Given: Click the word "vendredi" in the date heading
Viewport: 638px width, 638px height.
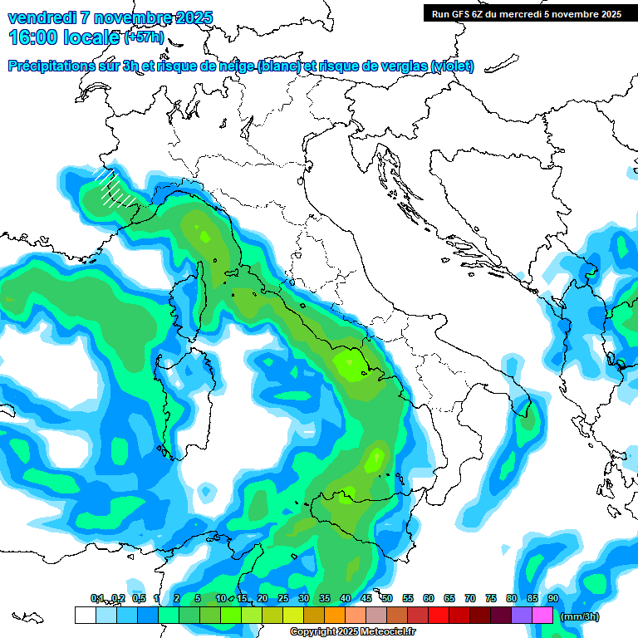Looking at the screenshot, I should [x=42, y=17].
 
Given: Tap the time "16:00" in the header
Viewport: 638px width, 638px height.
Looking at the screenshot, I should [x=35, y=37].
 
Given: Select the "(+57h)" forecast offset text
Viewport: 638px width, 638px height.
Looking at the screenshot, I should [x=143, y=37].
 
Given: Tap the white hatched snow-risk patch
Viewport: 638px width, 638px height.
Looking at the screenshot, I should [x=110, y=186].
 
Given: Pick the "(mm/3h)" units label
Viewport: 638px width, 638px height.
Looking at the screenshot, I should [x=580, y=616].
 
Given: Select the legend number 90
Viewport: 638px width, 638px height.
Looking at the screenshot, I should [x=552, y=598].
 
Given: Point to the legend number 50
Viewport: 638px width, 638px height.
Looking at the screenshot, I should [x=386, y=598].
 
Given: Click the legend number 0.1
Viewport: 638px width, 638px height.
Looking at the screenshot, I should [x=97, y=598].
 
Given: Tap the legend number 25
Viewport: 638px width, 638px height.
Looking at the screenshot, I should [x=282, y=598].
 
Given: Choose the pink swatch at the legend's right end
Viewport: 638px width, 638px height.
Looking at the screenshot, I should [x=542, y=616].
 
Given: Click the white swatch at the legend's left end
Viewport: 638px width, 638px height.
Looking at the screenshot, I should [x=85, y=616].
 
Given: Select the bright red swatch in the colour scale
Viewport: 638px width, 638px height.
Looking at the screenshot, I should [x=439, y=616].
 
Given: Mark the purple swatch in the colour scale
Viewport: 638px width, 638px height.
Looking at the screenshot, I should [x=522, y=616].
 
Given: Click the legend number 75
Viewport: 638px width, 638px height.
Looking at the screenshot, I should [x=490, y=598].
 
